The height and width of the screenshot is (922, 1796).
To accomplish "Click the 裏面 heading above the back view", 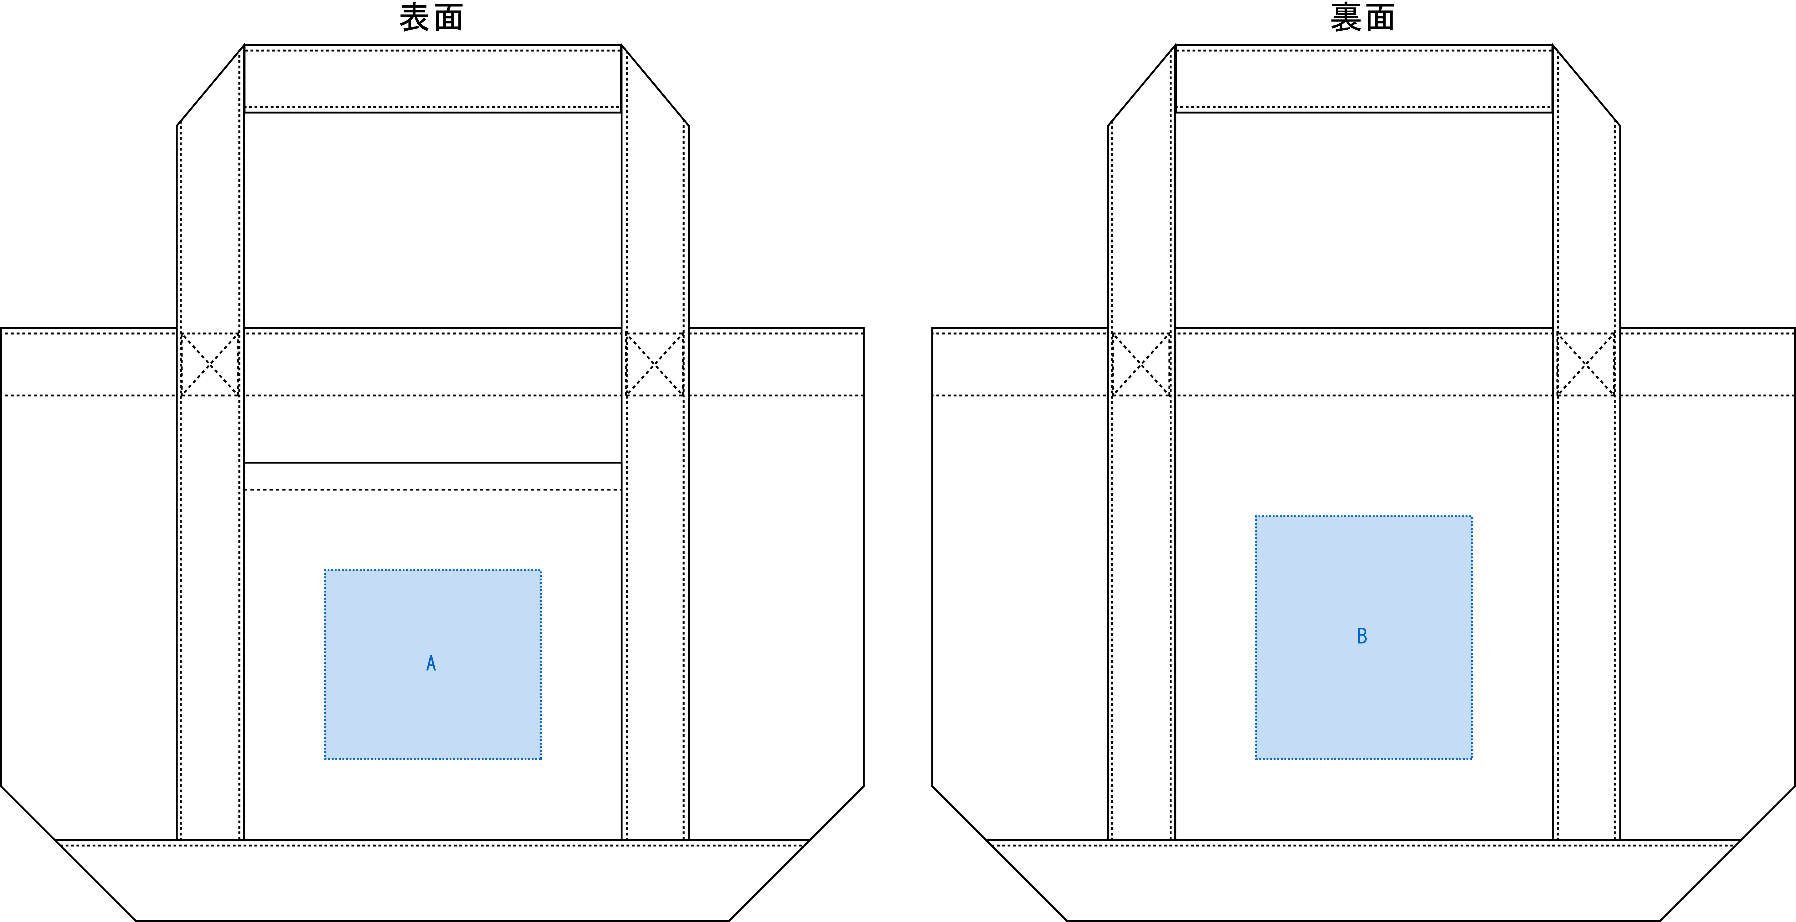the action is (x=1362, y=17).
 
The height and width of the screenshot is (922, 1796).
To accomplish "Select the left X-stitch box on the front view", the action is (x=210, y=364).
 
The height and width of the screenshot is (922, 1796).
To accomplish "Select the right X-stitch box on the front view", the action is (x=655, y=364).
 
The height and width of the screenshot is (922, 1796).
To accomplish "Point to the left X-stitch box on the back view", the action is (x=1141, y=364).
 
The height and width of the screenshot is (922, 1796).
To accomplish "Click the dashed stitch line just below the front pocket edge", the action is (x=432, y=489).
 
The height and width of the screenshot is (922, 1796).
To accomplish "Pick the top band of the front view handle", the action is (x=432, y=79).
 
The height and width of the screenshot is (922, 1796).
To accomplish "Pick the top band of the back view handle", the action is (x=1364, y=79).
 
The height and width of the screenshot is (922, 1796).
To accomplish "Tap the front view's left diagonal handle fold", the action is (x=211, y=85).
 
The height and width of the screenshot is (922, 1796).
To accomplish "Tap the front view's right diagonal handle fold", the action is (x=655, y=85).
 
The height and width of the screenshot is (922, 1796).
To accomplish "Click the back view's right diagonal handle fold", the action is (x=1586, y=85).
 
